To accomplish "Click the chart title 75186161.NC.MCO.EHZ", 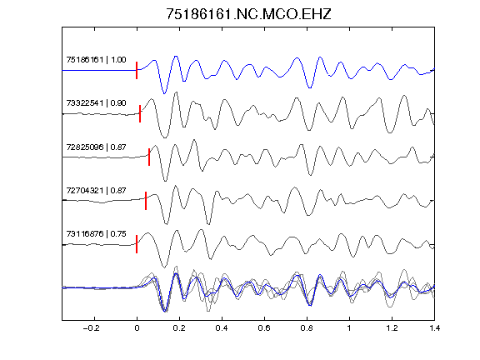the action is click(248, 14).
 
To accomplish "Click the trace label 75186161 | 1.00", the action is click(96, 59).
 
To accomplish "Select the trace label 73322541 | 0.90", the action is click(96, 102).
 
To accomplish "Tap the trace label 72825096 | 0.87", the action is click(96, 147).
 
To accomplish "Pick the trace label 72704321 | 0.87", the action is click(96, 191).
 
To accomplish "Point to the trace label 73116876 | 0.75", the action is click(96, 234).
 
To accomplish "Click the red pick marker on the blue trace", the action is click(137, 70).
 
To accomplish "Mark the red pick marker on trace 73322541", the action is click(140, 114).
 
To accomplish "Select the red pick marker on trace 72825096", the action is click(149, 157).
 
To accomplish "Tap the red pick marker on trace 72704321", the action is click(146, 201).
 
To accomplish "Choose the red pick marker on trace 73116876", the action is click(137, 244).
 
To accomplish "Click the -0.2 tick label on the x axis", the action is click(92, 328).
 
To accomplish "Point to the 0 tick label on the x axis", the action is click(137, 328).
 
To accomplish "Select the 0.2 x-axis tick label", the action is click(179, 328).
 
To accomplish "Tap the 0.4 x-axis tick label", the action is click(222, 328).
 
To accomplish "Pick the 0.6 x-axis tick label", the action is click(264, 328).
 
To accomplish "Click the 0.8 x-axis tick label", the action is click(307, 328).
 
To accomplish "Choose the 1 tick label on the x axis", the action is click(349, 328).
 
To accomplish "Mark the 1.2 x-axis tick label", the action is click(392, 328).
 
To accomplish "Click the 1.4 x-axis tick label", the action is click(434, 328).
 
